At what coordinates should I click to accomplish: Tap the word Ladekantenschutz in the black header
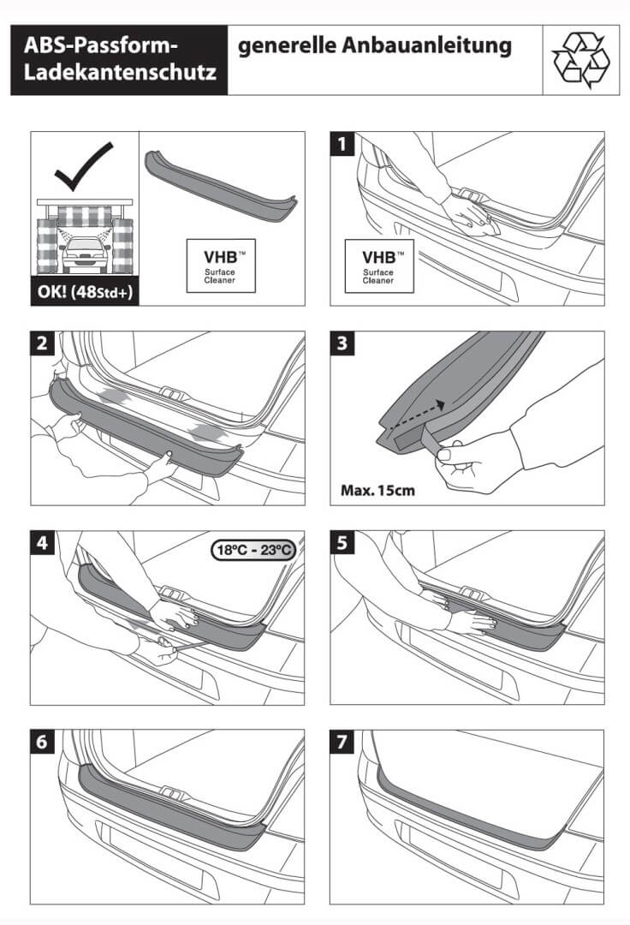pyautogui.click(x=120, y=75)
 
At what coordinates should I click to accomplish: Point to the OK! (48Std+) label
pyautogui.click(x=83, y=291)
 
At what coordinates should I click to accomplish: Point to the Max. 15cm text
pyautogui.click(x=377, y=492)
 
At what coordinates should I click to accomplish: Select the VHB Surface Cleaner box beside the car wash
pyautogui.click(x=221, y=266)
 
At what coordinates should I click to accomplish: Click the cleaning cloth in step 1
pyautogui.click(x=472, y=220)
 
